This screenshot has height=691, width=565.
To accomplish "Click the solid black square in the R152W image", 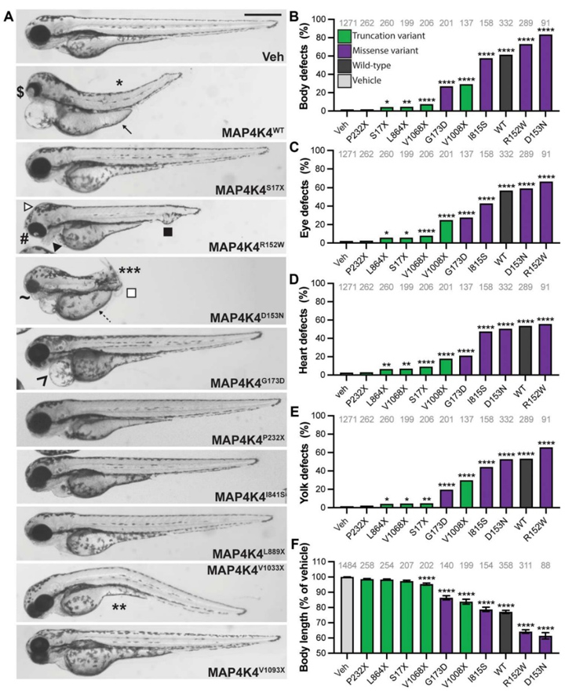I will [167, 231].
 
